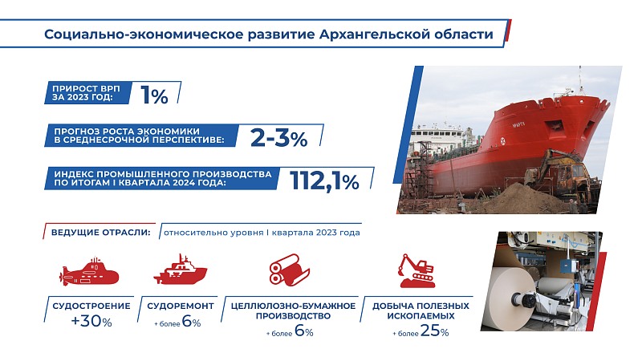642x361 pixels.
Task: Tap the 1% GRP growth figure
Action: coord(154,95)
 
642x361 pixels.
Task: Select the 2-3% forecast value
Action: coord(278,138)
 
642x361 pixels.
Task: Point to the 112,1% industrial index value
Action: coord(324,181)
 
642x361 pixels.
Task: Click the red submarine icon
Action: coord(89,271)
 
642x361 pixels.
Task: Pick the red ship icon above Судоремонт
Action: coord(180,270)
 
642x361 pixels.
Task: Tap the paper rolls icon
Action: coord(290,270)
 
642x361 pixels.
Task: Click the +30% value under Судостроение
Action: coord(91,322)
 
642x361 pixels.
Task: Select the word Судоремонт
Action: coord(181,306)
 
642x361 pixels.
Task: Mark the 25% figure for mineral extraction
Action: coord(434,331)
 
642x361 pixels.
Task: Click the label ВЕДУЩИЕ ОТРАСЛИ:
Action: coord(100,233)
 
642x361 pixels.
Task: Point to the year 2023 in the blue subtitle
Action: coord(327,233)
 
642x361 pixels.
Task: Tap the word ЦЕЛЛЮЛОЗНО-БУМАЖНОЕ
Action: coord(293,306)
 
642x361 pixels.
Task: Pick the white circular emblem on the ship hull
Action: coord(503,142)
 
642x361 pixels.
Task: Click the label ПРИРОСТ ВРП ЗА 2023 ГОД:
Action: coord(87,93)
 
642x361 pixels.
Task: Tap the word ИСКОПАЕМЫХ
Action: coord(421,316)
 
